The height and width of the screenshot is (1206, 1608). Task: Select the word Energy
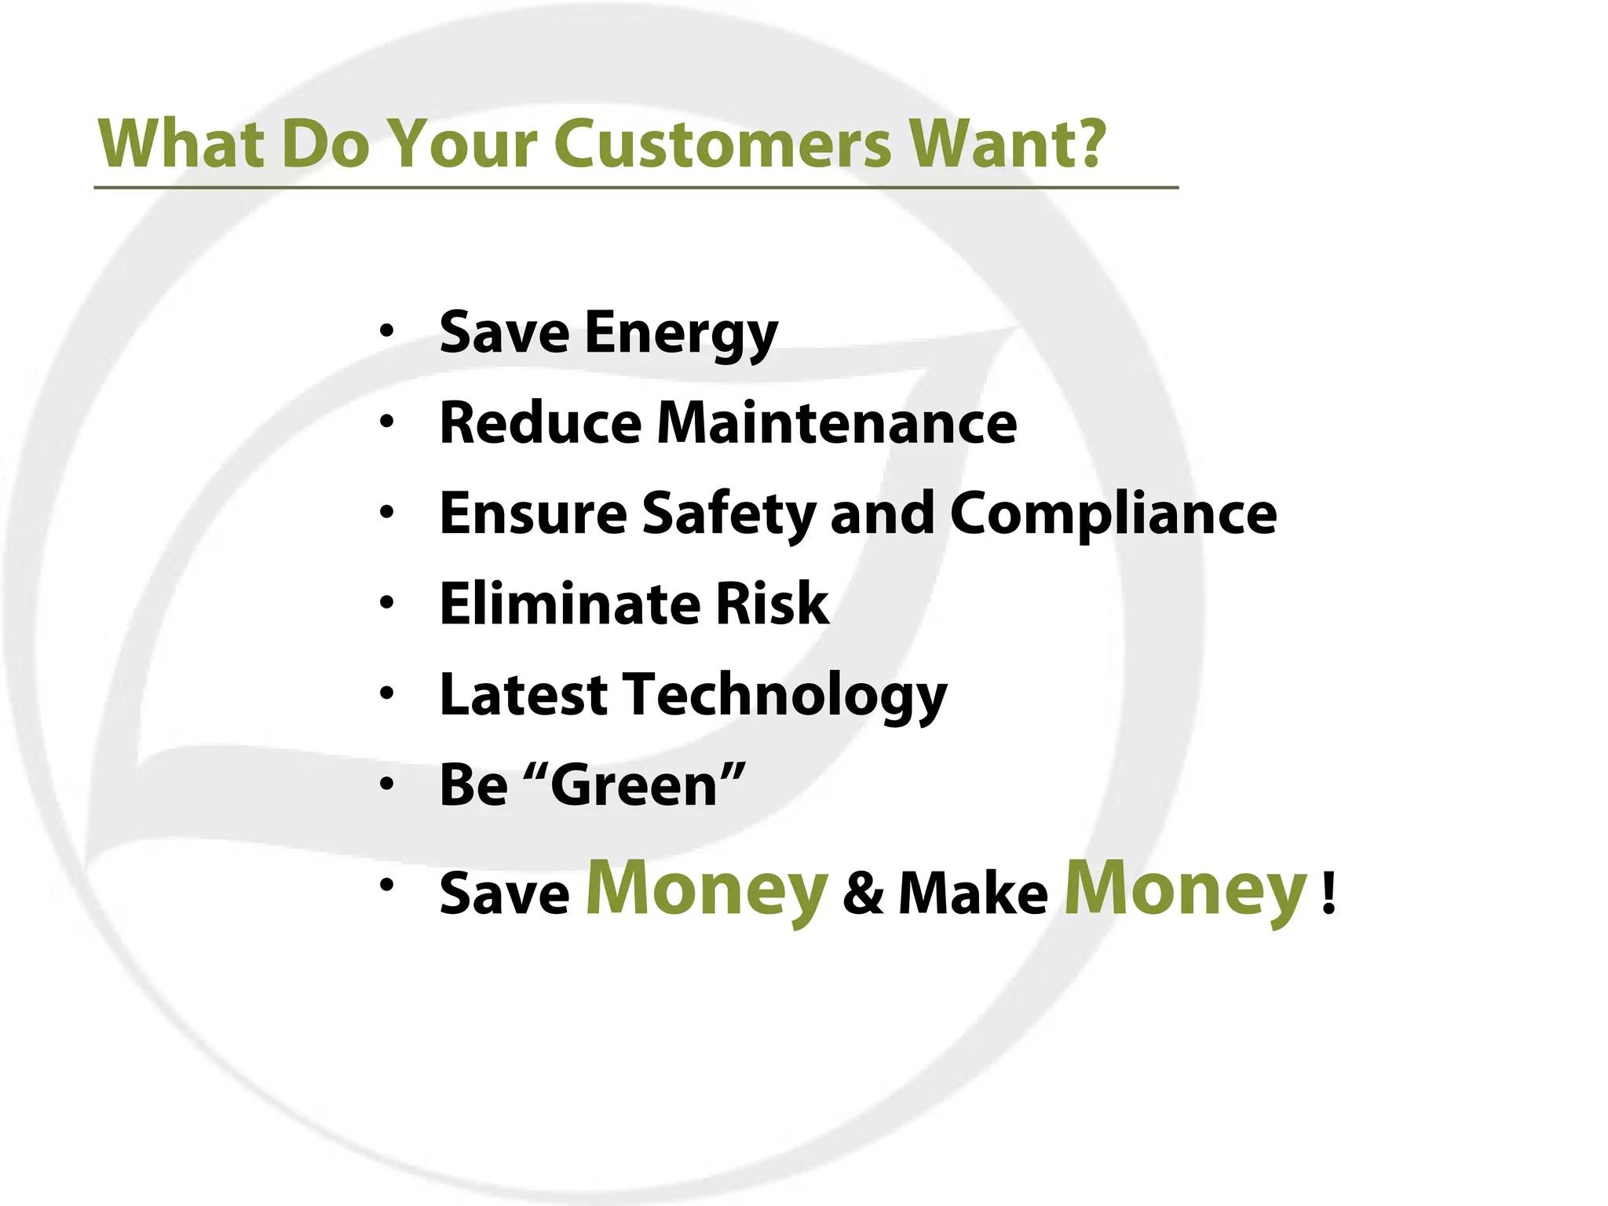click(x=681, y=334)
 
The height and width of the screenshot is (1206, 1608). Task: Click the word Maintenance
click(x=837, y=423)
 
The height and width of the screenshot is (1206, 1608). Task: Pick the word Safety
click(x=729, y=514)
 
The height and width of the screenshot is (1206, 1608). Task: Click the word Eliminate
click(x=569, y=604)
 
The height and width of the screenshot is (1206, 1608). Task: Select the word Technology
click(x=785, y=696)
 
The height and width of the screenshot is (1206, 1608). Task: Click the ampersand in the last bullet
click(x=864, y=893)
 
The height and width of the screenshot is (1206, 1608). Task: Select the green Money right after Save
click(x=707, y=890)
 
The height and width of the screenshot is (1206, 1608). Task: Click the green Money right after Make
click(x=1185, y=890)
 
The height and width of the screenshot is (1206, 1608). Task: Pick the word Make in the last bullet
click(x=973, y=894)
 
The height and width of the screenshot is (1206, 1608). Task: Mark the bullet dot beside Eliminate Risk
click(x=386, y=603)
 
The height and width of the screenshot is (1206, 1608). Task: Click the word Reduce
click(x=541, y=423)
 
